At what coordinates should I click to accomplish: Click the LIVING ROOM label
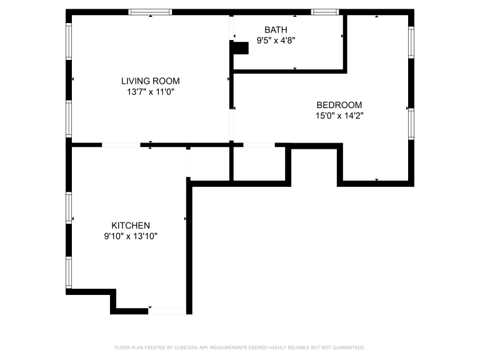tap(150, 81)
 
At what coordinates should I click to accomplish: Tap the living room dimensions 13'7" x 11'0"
tap(151, 92)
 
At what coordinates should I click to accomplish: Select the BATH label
tap(276, 30)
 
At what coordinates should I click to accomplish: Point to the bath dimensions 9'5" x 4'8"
tap(276, 41)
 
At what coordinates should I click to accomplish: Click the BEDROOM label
tap(339, 105)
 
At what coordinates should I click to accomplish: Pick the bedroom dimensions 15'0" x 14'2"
tap(339, 116)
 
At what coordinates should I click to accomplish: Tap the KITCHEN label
tap(131, 226)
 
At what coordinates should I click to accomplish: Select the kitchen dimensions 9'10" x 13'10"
tap(131, 236)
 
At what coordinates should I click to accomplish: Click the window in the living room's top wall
tap(150, 12)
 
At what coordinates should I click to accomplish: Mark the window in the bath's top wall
tap(325, 12)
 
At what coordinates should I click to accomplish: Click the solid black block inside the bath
tap(241, 48)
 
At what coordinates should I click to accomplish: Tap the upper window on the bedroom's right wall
tap(411, 42)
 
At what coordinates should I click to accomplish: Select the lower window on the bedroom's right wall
tap(411, 124)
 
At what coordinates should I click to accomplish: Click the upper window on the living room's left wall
tap(69, 41)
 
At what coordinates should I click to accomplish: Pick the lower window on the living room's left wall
tap(69, 119)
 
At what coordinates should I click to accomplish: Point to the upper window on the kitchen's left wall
tap(69, 208)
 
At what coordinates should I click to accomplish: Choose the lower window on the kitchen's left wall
tap(69, 272)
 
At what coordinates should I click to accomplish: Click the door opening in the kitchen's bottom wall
tap(167, 311)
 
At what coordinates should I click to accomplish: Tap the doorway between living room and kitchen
tap(121, 145)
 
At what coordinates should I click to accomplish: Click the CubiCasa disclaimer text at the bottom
tap(240, 347)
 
